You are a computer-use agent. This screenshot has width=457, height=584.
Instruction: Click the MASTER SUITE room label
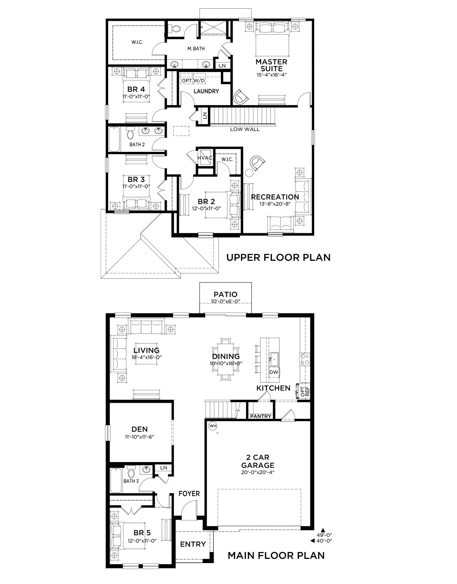[x=271, y=65]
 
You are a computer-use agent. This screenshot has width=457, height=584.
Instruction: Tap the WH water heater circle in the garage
[x=213, y=426]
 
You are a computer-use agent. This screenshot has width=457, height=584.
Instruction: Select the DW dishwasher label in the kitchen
[x=274, y=372]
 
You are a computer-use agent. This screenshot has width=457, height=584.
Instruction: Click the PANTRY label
[x=260, y=416]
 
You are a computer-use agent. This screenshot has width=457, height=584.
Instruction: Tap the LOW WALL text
[x=245, y=129]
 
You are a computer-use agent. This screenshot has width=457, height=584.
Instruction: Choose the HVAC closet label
[x=205, y=158]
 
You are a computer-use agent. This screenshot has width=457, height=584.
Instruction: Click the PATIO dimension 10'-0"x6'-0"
[x=225, y=302]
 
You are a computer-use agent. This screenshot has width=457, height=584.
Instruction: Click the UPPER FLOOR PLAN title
[x=278, y=257]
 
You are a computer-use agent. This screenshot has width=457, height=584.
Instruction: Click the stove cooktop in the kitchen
[x=305, y=359]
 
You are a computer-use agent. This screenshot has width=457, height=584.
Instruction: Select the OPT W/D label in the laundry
[x=193, y=81]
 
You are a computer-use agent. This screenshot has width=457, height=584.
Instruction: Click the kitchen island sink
[x=274, y=359]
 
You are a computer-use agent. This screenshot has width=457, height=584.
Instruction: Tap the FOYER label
[x=189, y=494]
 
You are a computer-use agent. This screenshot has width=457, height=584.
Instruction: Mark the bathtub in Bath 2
[x=115, y=139]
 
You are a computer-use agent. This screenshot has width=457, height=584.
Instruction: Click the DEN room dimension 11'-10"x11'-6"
[x=139, y=437]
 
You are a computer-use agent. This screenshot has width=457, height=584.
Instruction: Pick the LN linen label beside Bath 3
[x=163, y=468]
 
